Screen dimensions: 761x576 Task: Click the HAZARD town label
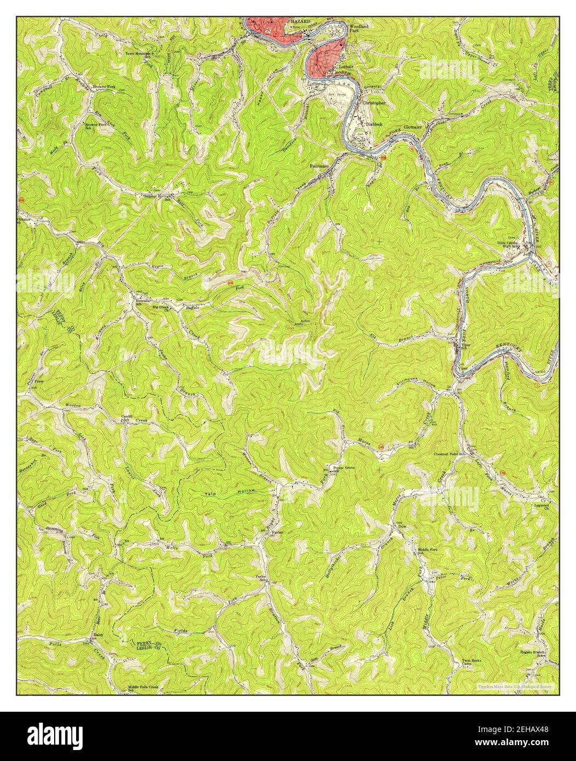(300, 21)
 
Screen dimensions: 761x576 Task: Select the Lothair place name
(346, 67)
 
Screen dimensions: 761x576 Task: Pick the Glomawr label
(414, 127)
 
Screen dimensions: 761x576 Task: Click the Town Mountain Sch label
(137, 55)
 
